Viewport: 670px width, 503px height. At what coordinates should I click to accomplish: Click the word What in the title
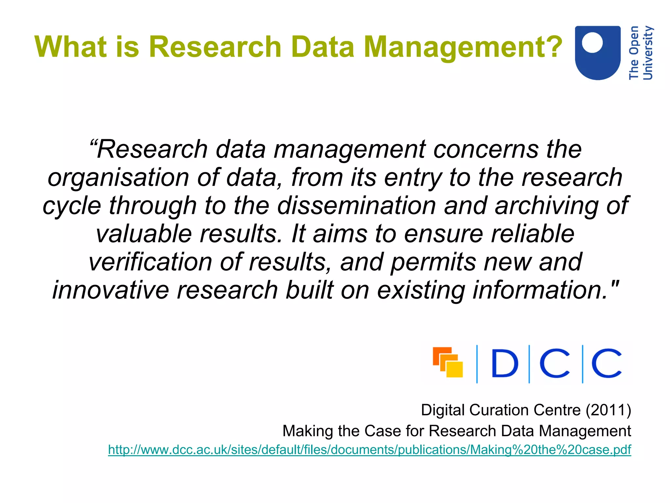click(x=70, y=47)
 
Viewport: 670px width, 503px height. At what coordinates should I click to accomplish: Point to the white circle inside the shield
click(x=592, y=42)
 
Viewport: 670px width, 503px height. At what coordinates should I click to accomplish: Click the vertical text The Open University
click(x=641, y=53)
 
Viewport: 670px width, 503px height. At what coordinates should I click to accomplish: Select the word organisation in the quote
click(x=118, y=178)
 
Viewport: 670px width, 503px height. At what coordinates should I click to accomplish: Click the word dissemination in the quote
click(x=357, y=206)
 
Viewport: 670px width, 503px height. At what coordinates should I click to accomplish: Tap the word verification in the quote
click(x=150, y=262)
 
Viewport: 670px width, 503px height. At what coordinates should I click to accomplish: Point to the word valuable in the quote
click(x=144, y=234)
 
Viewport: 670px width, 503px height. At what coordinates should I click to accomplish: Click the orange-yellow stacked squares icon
click(x=448, y=362)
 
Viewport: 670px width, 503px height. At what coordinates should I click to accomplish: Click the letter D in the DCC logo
click(x=504, y=363)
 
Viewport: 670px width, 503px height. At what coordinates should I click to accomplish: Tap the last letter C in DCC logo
click(x=606, y=363)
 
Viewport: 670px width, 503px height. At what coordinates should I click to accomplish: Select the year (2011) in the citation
click(x=608, y=410)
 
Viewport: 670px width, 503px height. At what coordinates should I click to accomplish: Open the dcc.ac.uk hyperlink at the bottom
click(x=369, y=450)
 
